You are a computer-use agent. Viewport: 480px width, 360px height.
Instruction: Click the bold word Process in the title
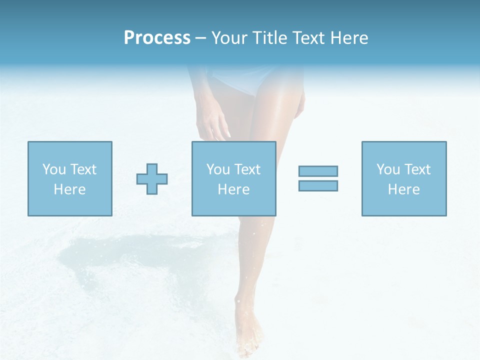(157, 38)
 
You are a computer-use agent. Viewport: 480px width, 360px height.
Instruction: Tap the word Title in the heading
(269, 38)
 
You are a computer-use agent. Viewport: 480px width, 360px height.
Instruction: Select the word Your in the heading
(230, 38)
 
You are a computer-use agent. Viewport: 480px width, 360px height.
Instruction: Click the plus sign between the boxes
(152, 178)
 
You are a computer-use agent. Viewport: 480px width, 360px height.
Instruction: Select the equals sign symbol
(318, 178)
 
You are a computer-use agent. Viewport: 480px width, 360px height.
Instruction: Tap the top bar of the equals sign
(318, 171)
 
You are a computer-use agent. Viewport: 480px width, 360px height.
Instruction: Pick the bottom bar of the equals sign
(318, 185)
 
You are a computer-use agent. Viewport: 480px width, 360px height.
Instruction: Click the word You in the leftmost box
(54, 169)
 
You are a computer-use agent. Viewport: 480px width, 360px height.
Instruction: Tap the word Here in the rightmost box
(403, 189)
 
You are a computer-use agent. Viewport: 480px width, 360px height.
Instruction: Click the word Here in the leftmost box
(69, 189)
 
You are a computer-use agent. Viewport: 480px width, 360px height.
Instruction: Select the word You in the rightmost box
(388, 169)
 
